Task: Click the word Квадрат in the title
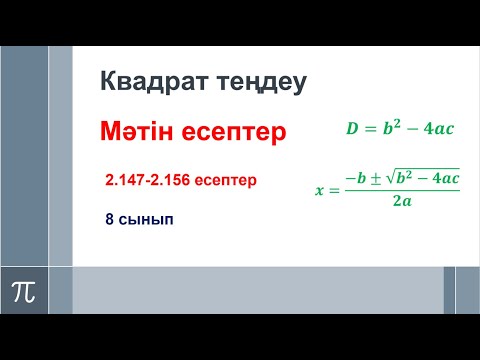click(x=149, y=81)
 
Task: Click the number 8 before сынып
click(x=108, y=218)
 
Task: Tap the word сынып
click(x=144, y=218)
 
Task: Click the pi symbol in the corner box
click(x=22, y=291)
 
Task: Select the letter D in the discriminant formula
click(x=351, y=129)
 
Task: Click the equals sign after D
click(x=370, y=129)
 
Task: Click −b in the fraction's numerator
click(x=356, y=177)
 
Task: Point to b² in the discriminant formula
click(x=391, y=127)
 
